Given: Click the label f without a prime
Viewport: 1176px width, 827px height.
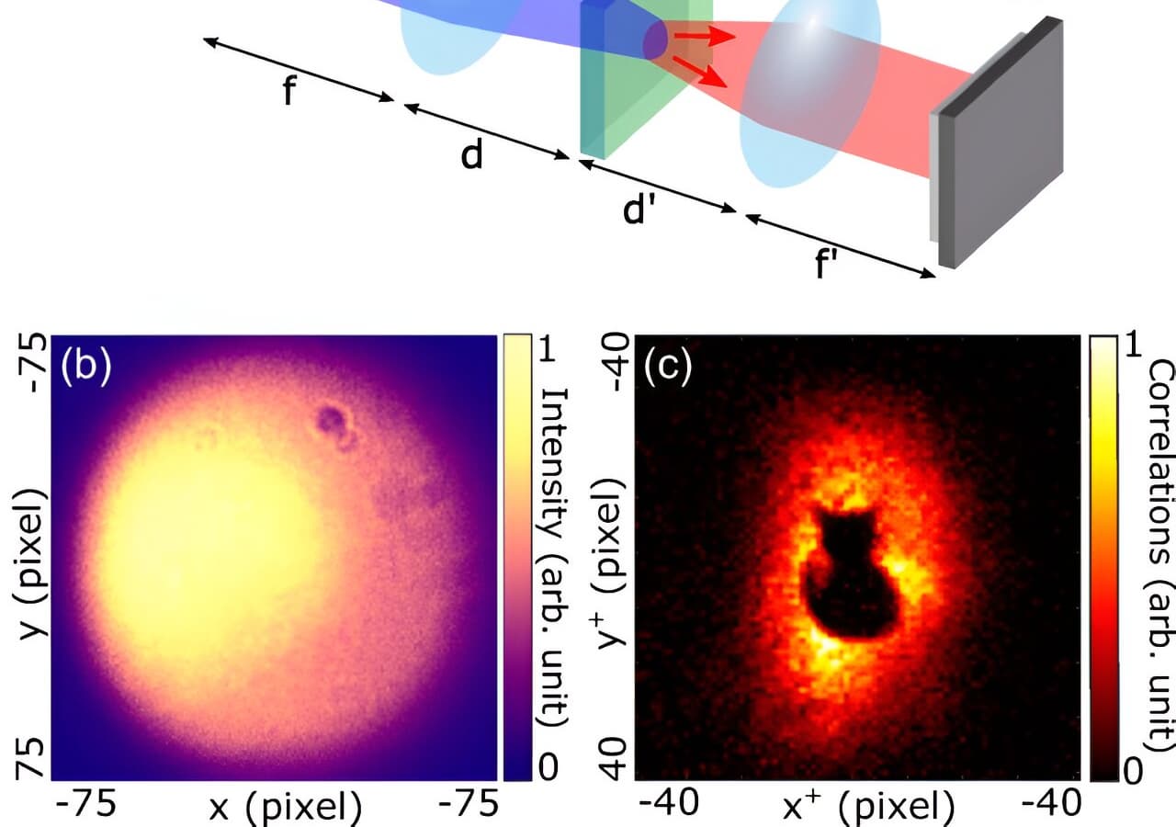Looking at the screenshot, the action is pos(289,90).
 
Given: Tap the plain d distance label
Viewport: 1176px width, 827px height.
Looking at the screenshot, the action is pos(471,155).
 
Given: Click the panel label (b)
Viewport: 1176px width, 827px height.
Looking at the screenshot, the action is pos(86,365).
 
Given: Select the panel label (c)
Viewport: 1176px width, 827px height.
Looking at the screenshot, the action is pos(668,365).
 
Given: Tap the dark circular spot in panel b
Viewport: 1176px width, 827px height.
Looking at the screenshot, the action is pos(330,418).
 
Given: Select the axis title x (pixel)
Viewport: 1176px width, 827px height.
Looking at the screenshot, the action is pos(285,808).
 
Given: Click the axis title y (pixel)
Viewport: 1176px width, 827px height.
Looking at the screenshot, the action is pos(31,564).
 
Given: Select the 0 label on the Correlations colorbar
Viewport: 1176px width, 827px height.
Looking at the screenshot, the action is pos(1133,771).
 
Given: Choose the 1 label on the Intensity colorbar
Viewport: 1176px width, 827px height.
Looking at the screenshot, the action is pos(547,347).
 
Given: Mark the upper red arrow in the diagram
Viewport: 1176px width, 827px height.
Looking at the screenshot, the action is pos(705,36).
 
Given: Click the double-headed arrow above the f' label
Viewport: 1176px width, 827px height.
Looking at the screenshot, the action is pos(840,245).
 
